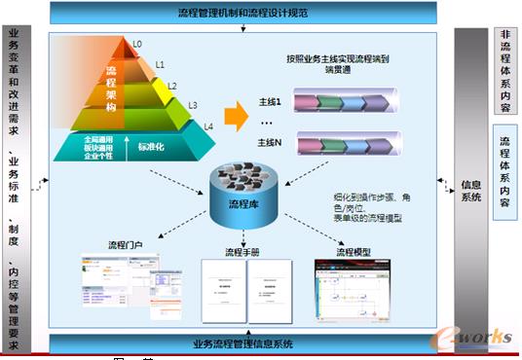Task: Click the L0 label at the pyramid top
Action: pos(137,44)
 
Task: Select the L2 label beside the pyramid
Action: pos(171,86)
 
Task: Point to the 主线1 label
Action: pos(271,102)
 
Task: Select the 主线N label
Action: pos(271,142)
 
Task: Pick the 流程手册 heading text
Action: pos(242,253)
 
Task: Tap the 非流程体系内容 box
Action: pos(504,68)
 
